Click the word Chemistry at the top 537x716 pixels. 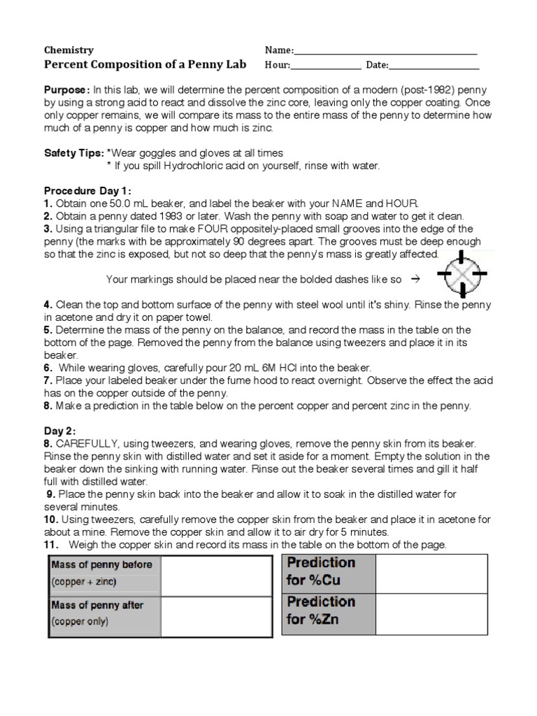tap(69, 50)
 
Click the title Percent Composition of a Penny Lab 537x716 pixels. tap(145, 64)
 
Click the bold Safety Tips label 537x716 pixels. tap(73, 152)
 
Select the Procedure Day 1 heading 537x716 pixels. tap(87, 191)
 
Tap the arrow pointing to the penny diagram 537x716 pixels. tap(414, 279)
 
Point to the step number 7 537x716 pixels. tap(48, 380)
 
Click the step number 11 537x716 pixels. tap(51, 545)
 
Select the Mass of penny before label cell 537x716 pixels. tap(104, 573)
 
